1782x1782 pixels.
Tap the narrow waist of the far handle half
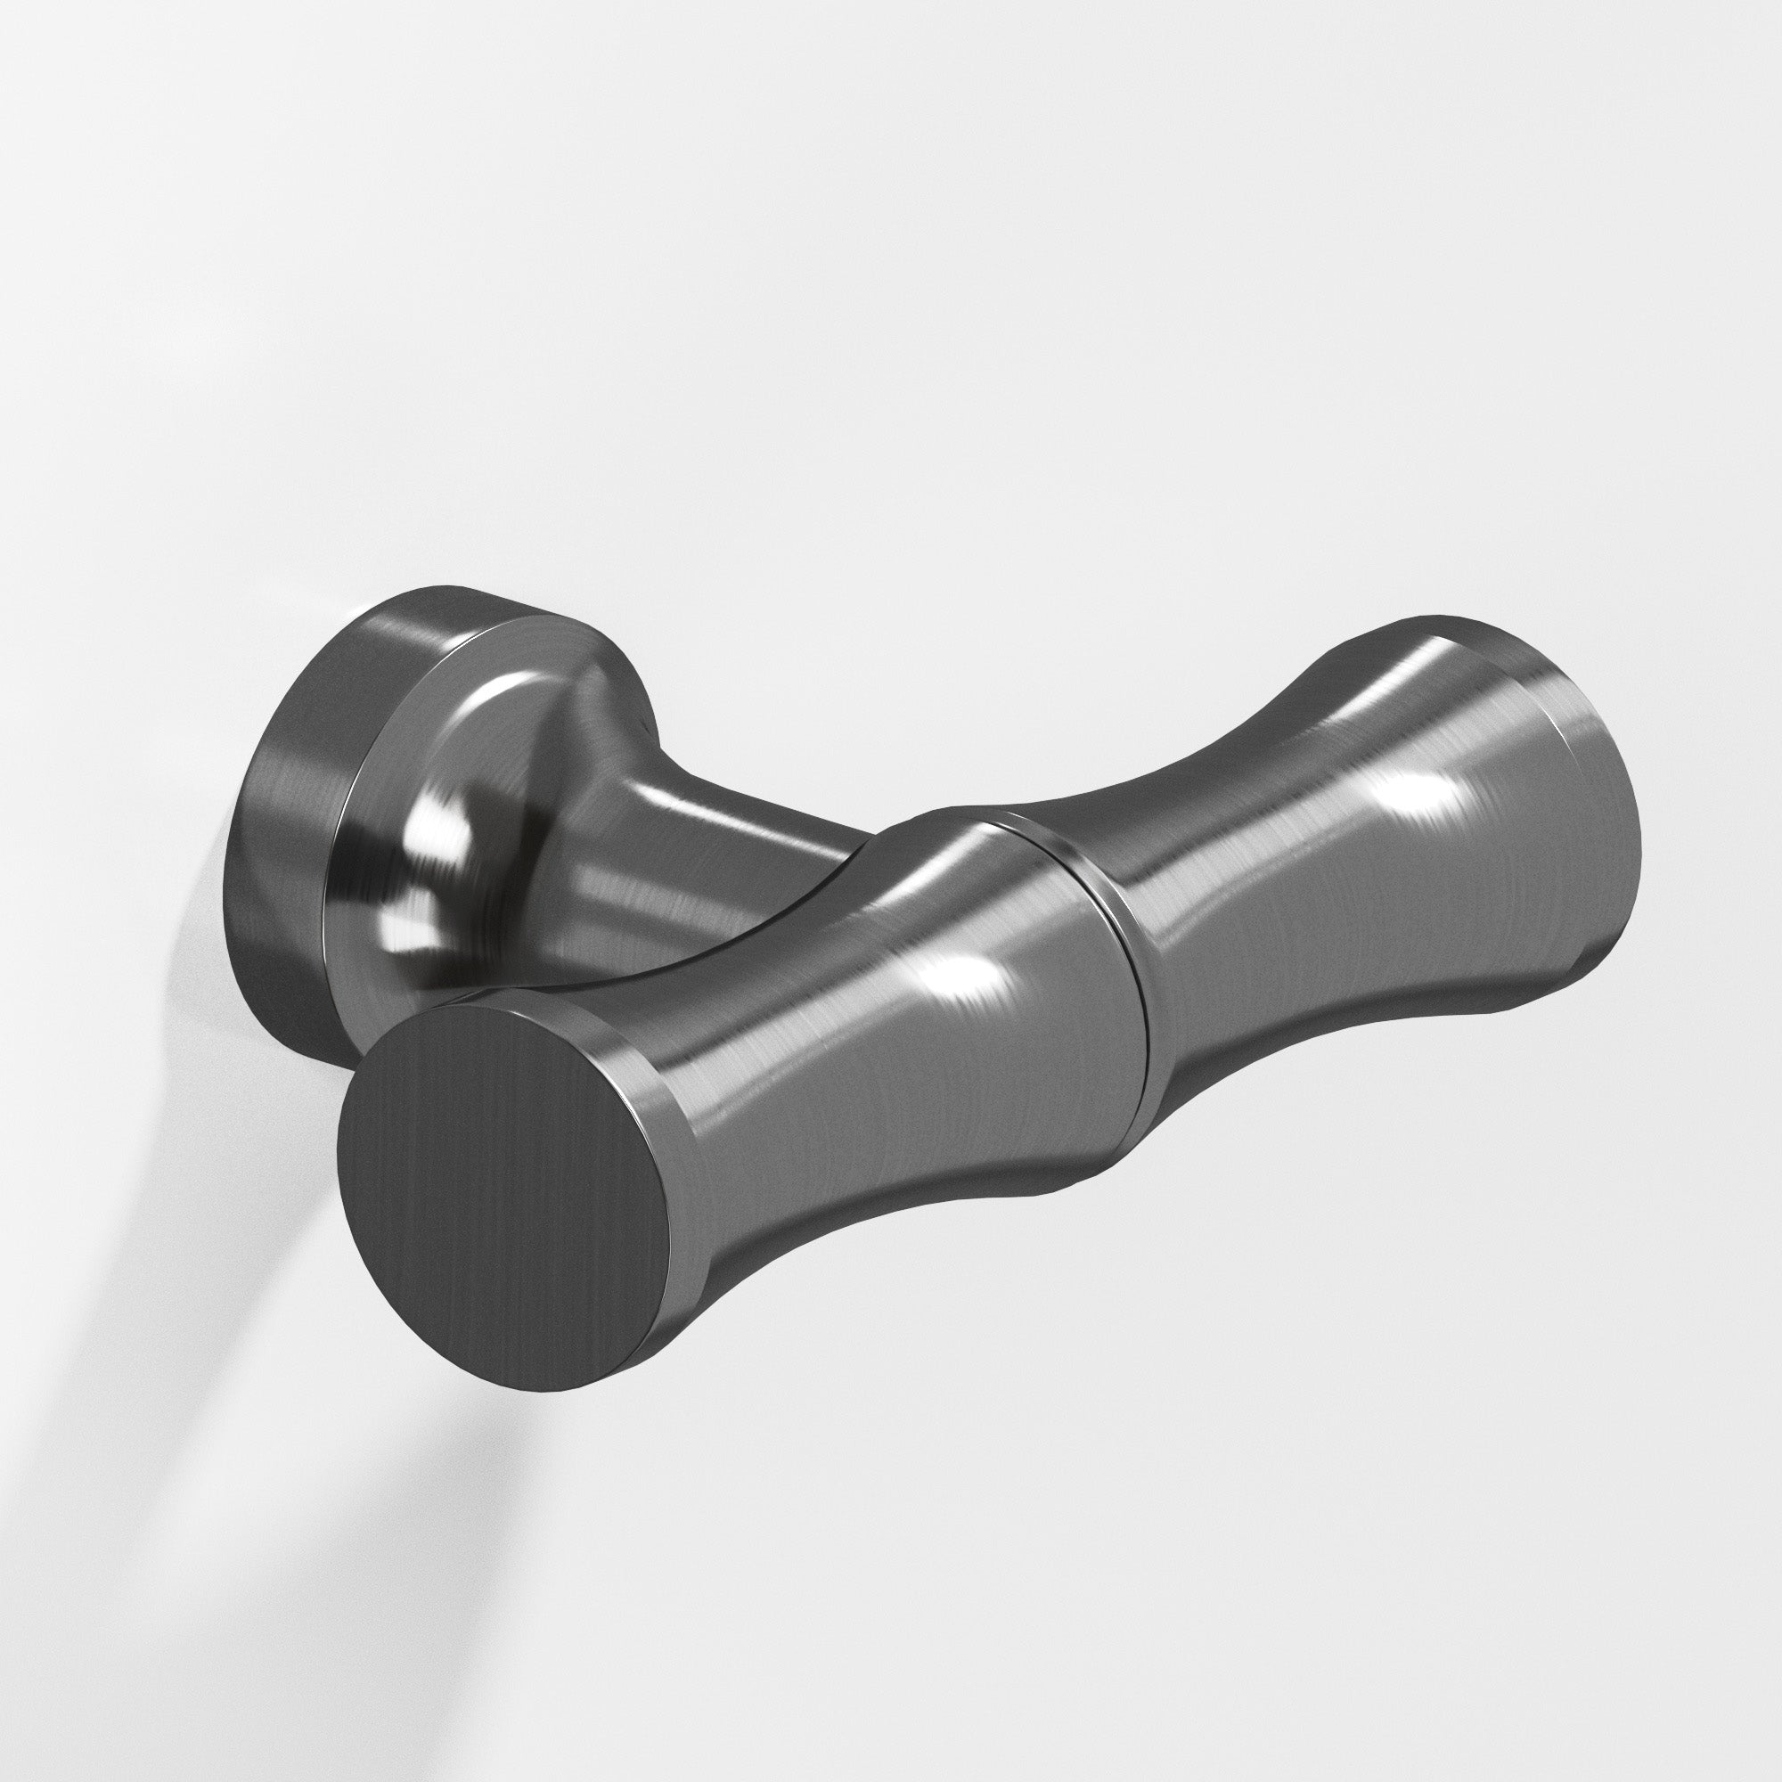1227,830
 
